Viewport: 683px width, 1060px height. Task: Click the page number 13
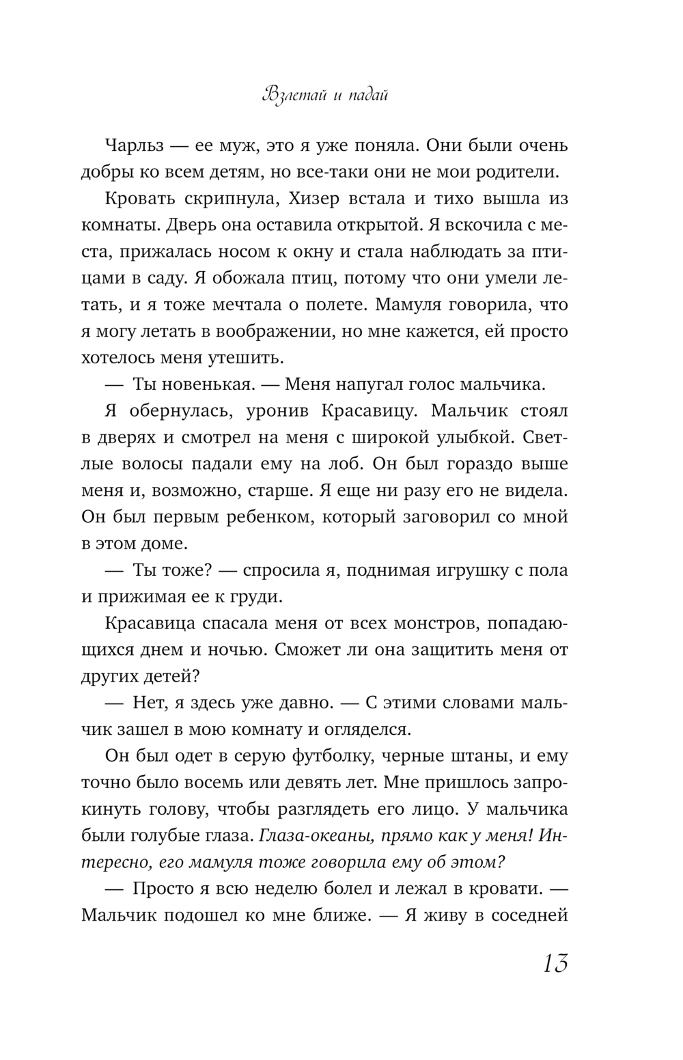tap(555, 964)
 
